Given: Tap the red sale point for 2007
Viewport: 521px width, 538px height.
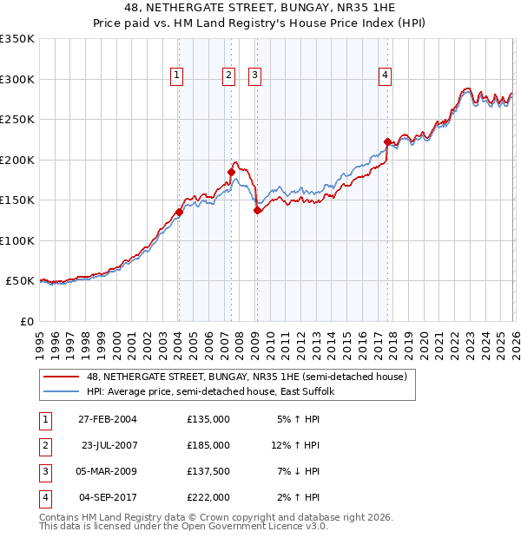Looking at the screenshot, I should [x=231, y=172].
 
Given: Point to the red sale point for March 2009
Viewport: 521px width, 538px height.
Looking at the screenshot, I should [x=257, y=210].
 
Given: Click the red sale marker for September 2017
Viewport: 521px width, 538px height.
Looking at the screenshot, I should [x=387, y=141].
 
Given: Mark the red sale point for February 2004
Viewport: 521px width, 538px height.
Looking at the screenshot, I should [x=179, y=212].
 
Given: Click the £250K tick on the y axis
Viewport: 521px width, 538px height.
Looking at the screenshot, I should [x=17, y=120].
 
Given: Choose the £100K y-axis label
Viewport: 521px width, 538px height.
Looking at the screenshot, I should [x=17, y=240].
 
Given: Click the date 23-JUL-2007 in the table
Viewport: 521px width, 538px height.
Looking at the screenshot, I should [x=109, y=444].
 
